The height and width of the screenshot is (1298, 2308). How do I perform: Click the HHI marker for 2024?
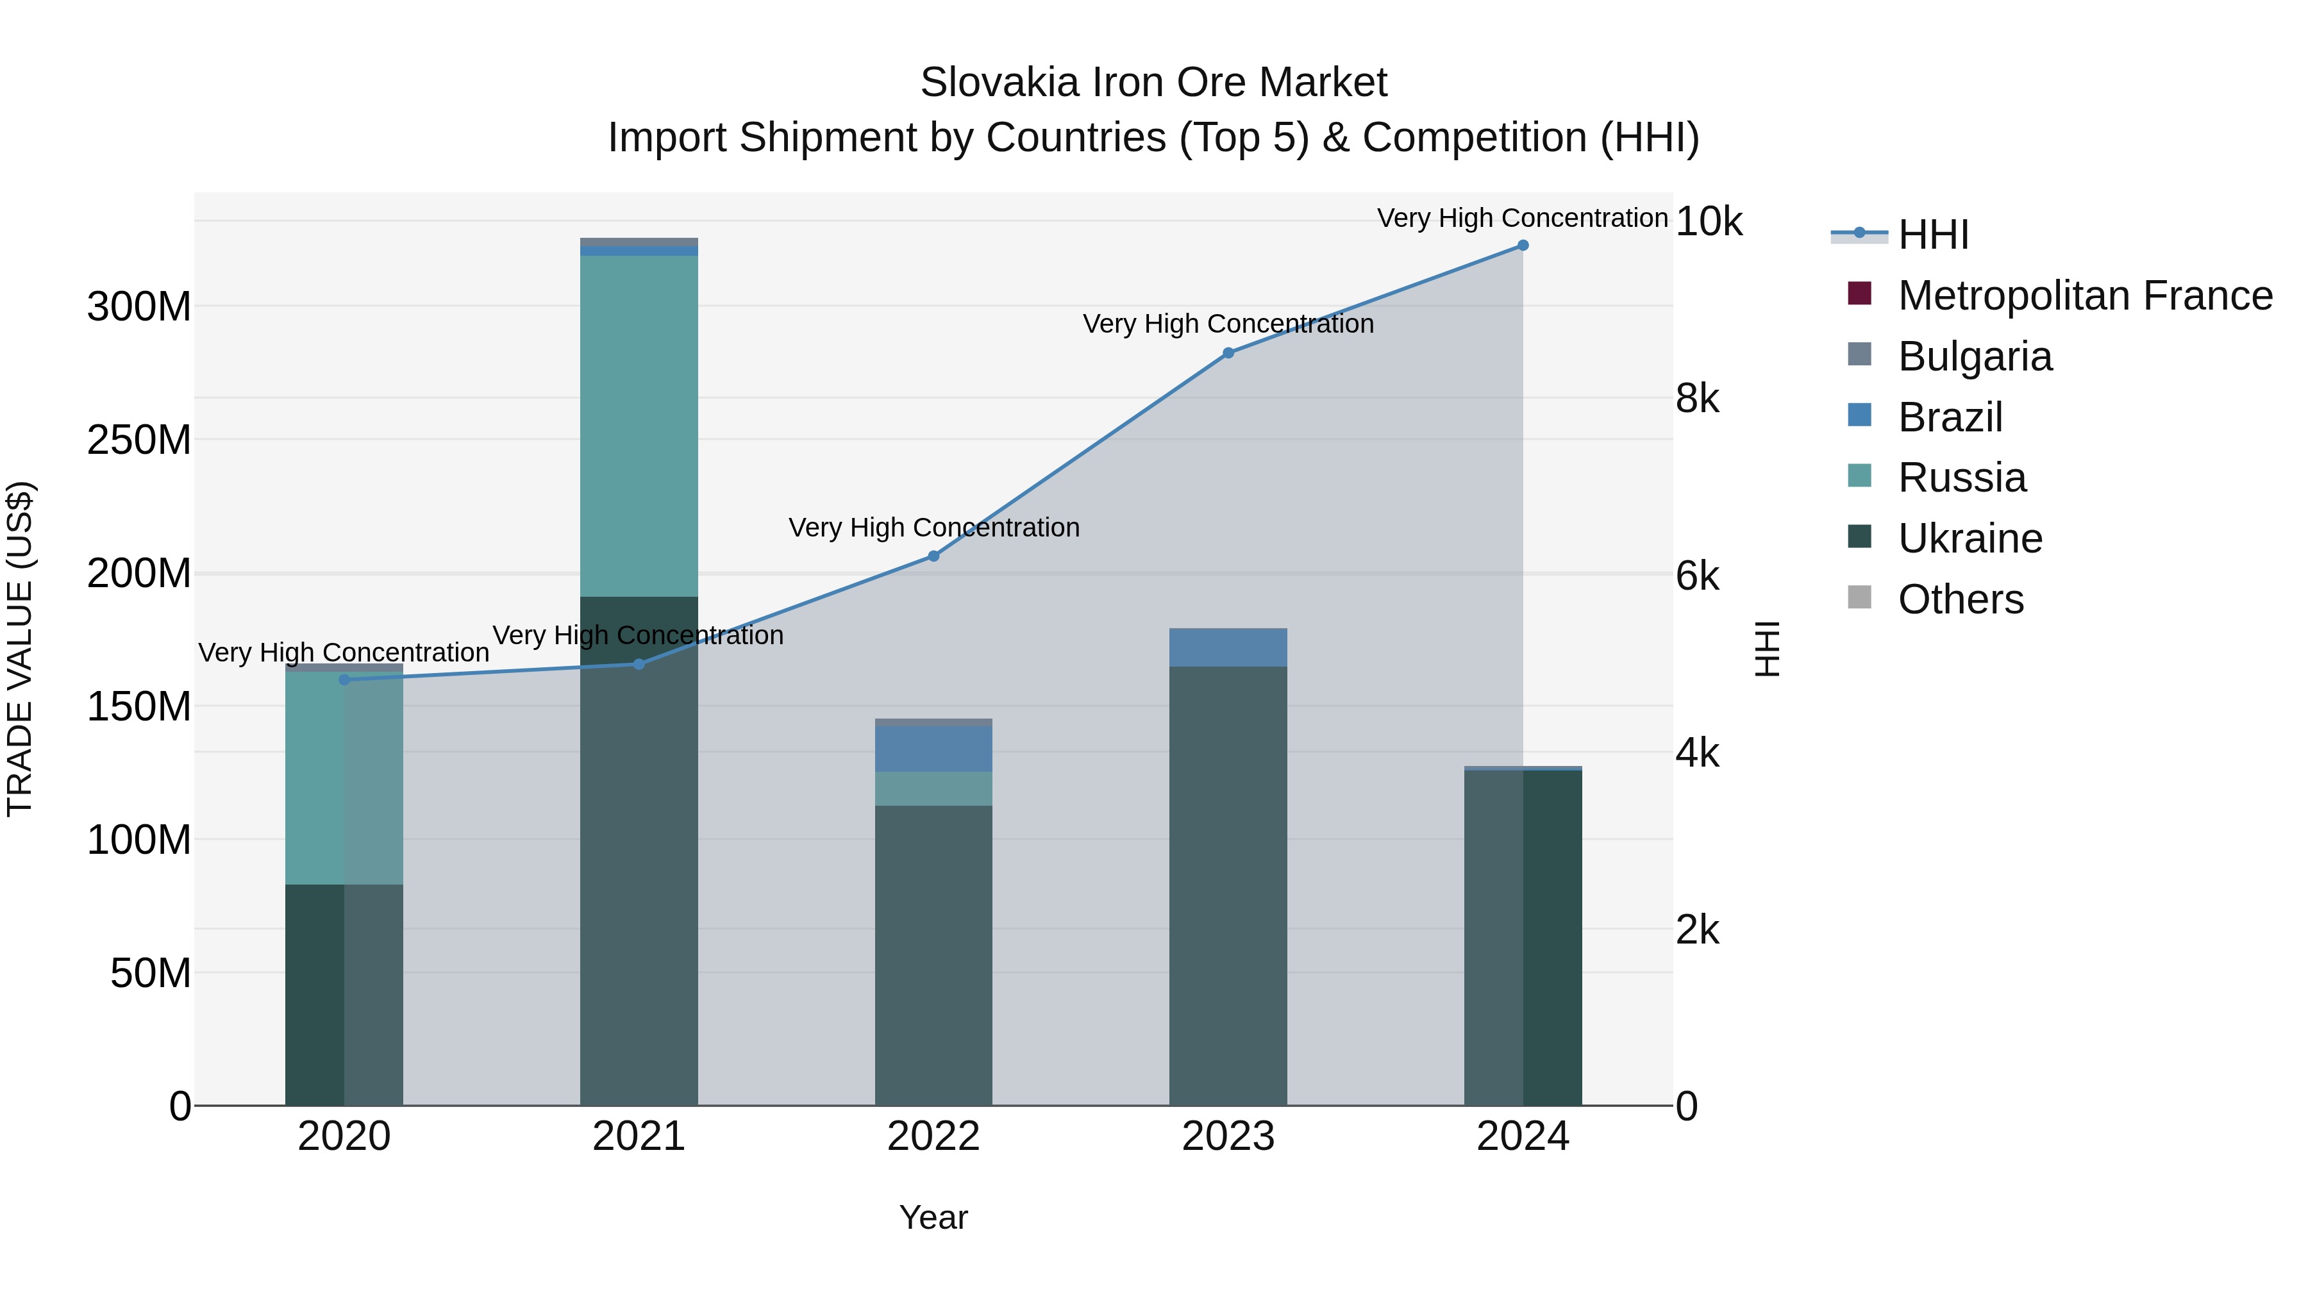point(1522,245)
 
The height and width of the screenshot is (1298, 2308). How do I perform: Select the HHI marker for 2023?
point(1228,353)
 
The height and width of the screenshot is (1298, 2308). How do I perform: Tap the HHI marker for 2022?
point(933,556)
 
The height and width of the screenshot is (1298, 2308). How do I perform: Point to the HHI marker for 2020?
point(344,680)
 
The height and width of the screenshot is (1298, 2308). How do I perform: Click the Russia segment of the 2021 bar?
point(639,426)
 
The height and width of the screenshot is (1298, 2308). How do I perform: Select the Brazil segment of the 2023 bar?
point(1228,647)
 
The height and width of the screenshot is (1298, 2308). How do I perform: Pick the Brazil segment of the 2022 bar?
point(933,749)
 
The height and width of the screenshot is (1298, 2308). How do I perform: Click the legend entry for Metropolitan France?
point(2084,295)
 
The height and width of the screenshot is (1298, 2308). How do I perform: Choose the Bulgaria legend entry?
point(1974,356)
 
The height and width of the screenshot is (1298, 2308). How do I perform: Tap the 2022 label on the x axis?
point(933,1136)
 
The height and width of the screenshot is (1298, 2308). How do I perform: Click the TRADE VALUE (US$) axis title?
point(20,649)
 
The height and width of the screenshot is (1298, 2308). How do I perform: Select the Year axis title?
point(933,1217)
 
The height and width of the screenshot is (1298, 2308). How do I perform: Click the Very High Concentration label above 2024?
point(1522,218)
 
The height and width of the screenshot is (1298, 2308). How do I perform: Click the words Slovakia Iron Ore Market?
point(1153,83)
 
